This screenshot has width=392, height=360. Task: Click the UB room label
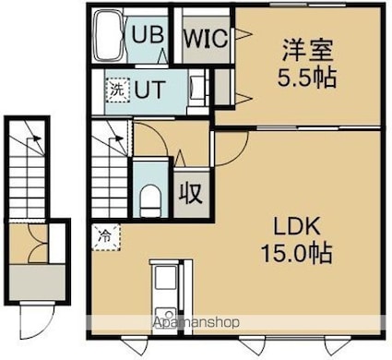click(148, 34)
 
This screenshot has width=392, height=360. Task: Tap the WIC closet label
click(206, 38)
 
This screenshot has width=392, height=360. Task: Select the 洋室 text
click(307, 51)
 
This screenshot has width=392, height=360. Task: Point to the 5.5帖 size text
click(307, 78)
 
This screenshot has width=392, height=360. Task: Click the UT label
click(150, 90)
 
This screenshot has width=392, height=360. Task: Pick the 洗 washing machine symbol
click(118, 90)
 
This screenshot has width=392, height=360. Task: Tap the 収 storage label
click(191, 193)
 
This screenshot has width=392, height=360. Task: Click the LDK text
click(297, 226)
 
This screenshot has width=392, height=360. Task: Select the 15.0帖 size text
click(296, 253)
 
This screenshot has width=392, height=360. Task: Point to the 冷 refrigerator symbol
click(105, 236)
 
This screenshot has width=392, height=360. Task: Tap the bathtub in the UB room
click(109, 36)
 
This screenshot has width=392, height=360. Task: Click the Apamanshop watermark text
click(196, 322)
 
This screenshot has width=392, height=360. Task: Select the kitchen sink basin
click(166, 278)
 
